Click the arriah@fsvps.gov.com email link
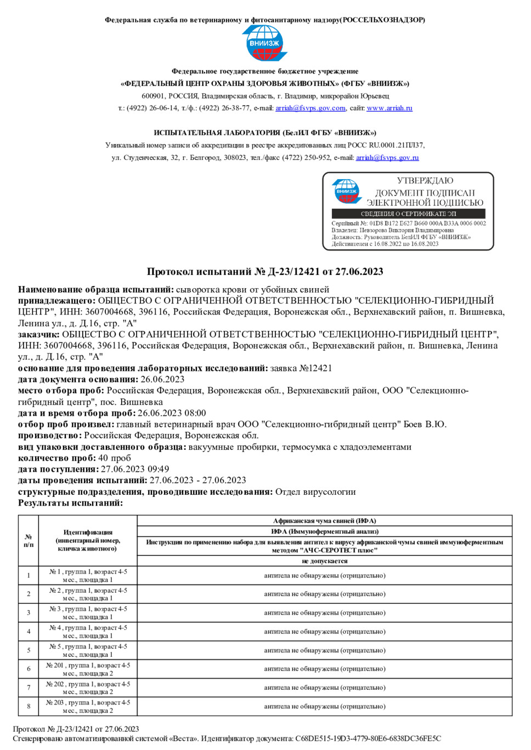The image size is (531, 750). (310, 108)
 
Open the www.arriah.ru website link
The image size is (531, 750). (389, 108)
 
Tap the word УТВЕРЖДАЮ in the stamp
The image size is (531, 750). (425, 181)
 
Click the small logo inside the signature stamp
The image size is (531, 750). (347, 191)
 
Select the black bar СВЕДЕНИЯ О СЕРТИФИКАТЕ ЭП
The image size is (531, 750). (408, 214)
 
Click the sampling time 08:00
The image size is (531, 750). (195, 413)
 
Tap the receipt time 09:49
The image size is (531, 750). (158, 469)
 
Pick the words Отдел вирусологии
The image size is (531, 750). (315, 491)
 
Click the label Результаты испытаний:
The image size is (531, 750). (70, 503)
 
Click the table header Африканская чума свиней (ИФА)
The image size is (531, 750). (324, 521)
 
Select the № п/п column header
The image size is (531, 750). (29, 540)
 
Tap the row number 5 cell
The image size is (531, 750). (29, 650)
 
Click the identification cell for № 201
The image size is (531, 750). (88, 669)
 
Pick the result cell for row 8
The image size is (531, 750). (324, 706)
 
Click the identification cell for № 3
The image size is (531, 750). (88, 612)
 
